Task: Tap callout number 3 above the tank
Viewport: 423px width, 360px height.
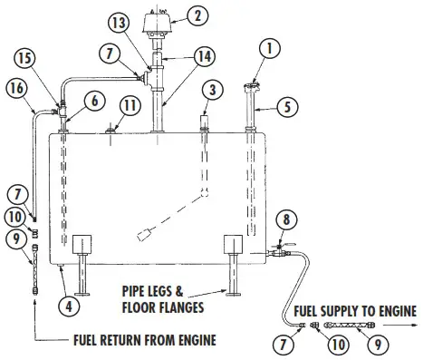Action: pyautogui.click(x=209, y=90)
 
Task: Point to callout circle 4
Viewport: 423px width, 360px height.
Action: pyautogui.click(x=67, y=305)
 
